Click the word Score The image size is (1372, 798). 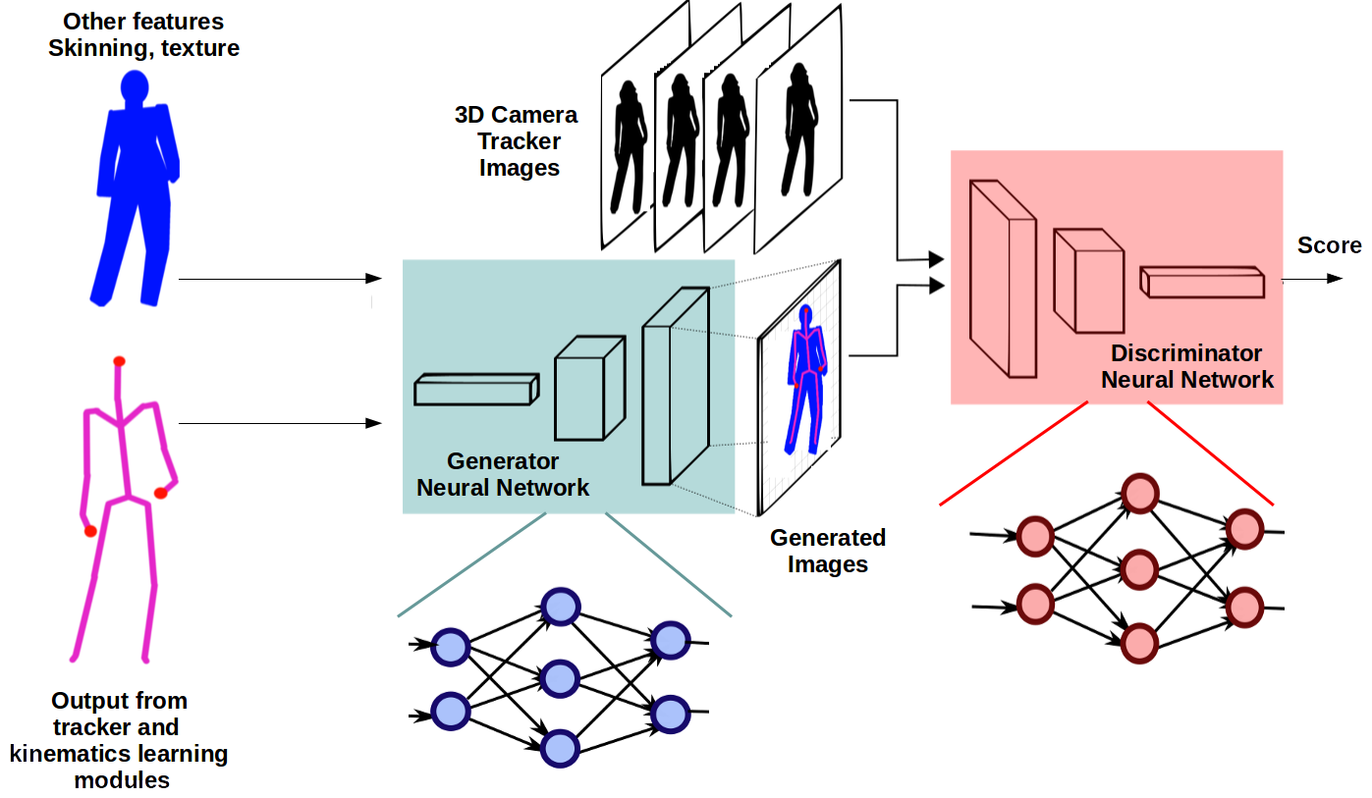[1329, 245]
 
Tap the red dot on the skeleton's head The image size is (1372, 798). [119, 361]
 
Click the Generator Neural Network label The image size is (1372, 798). [503, 474]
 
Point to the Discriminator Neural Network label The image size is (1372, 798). [1186, 366]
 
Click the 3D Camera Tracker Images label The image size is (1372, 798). [517, 141]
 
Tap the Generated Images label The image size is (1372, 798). [828, 551]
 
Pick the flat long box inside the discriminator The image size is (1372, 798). [1201, 282]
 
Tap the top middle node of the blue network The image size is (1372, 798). [560, 608]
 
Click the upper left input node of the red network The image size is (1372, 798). [1034, 536]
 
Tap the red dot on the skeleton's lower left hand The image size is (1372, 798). [90, 531]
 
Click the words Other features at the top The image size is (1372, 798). [143, 22]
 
